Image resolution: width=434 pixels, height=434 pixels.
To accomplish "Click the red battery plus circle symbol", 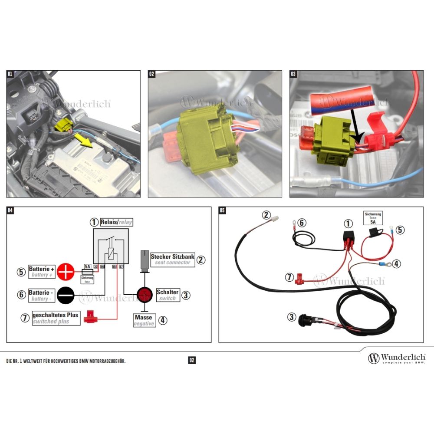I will [x=66, y=271].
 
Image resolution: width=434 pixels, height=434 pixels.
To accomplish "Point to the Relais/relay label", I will [x=116, y=222].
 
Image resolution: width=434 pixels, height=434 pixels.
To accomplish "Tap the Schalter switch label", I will [x=167, y=295].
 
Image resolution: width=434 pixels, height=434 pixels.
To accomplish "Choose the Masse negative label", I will [x=144, y=320].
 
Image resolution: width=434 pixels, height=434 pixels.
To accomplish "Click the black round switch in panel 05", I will [x=306, y=320].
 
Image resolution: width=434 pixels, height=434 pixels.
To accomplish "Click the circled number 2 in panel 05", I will [x=266, y=214].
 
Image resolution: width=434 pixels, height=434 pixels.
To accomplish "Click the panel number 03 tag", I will [x=293, y=74].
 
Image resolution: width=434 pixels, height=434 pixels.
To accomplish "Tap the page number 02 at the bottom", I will [x=192, y=360].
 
